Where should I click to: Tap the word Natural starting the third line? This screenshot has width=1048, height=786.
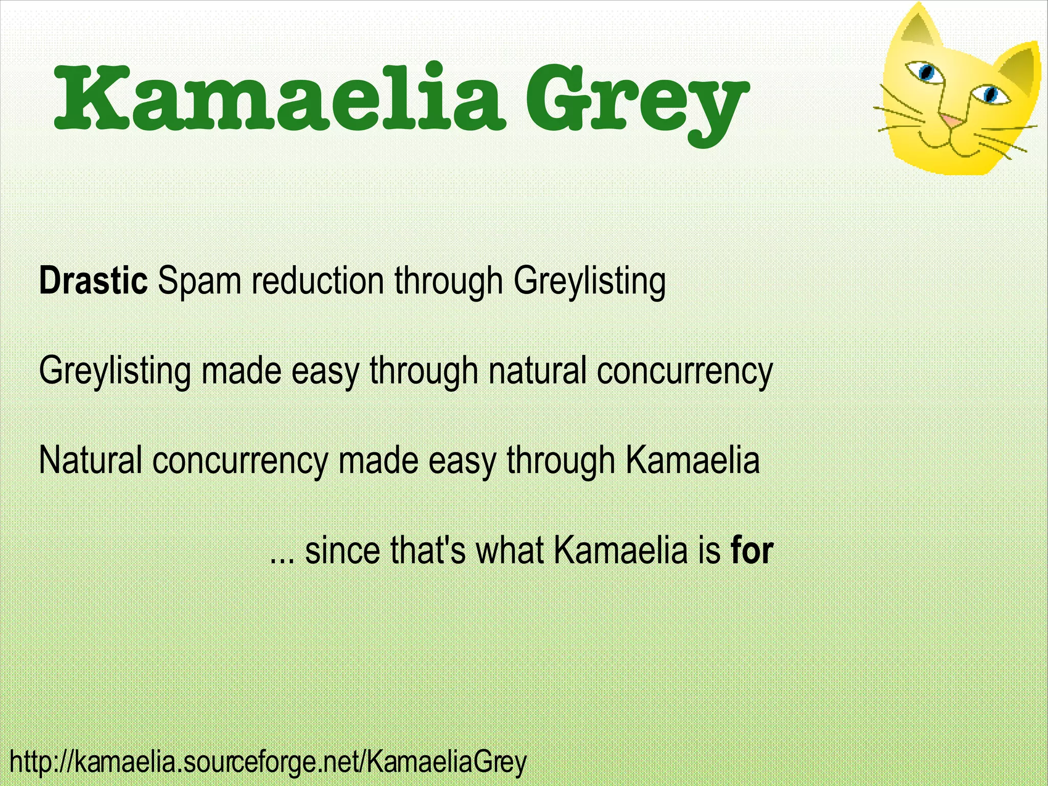pos(90,459)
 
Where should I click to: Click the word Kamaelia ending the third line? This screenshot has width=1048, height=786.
pos(693,459)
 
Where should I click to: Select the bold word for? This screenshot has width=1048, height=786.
pos(752,550)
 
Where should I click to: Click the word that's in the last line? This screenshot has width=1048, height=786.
pos(428,550)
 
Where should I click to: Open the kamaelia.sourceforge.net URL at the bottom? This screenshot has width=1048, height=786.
pos(268,761)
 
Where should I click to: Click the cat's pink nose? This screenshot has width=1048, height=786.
pos(951,121)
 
